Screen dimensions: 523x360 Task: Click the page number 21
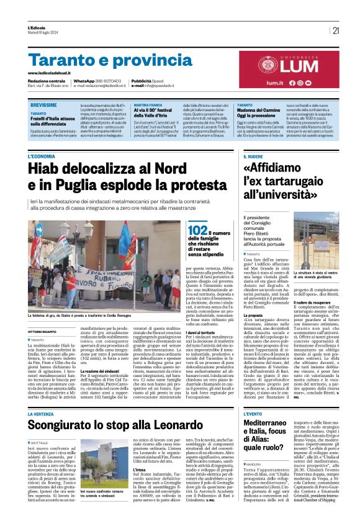coord(336,30)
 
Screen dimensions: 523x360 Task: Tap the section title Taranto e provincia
coord(102,60)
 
